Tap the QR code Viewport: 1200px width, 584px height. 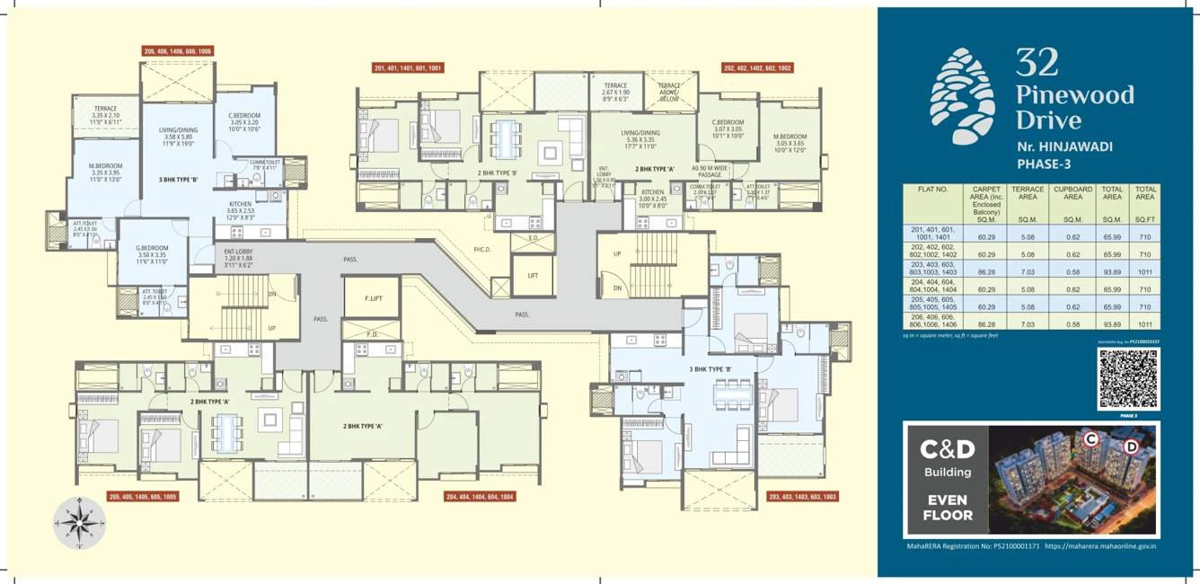coord(1128,379)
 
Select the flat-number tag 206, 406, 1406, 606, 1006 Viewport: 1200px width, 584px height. coord(178,52)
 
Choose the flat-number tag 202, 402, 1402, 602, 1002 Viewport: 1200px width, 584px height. coord(757,68)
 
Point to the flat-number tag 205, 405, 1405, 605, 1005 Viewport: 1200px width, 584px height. coord(143,496)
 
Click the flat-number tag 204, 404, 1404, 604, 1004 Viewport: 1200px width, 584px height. coord(481,496)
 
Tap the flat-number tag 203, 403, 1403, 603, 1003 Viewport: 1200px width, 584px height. coord(802,496)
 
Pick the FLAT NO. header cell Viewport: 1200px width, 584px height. coord(933,190)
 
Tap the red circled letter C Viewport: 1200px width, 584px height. coord(1091,439)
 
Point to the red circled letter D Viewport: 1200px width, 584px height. coord(1132,446)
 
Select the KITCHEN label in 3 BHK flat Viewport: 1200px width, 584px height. coord(240,205)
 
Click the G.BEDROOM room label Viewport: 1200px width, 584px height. coord(153,248)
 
